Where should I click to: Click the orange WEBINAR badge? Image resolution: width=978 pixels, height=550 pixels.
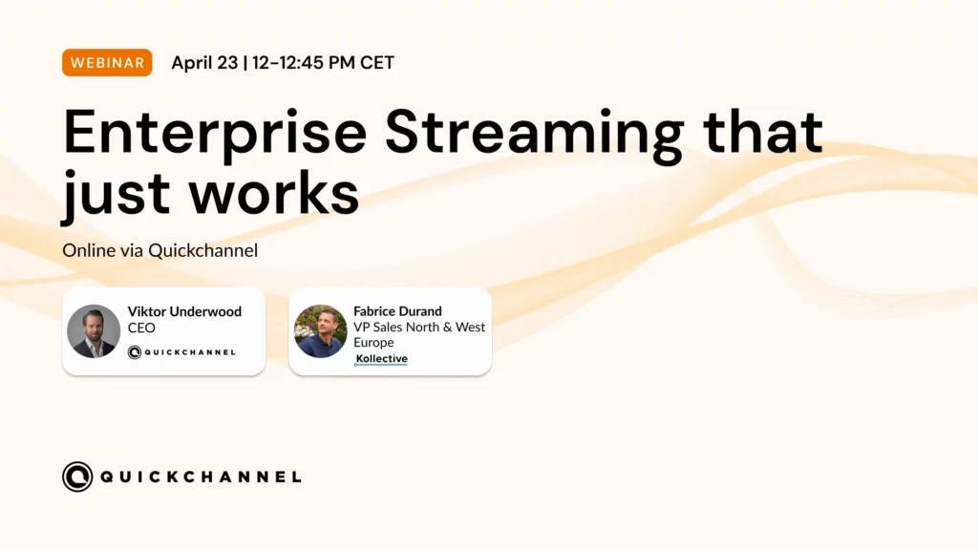click(x=107, y=62)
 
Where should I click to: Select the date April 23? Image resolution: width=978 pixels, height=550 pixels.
click(x=204, y=62)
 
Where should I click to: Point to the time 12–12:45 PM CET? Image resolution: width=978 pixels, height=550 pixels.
click(x=323, y=62)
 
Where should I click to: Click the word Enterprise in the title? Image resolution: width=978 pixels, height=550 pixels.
click(x=215, y=134)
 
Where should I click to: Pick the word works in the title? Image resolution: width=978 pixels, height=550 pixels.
click(x=274, y=192)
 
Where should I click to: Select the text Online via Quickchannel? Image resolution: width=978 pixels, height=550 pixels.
click(x=160, y=251)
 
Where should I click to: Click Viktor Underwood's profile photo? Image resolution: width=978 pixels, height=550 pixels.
click(x=94, y=331)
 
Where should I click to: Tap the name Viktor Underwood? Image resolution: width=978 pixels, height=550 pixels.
click(x=184, y=311)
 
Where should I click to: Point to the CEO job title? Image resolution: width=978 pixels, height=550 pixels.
click(x=141, y=328)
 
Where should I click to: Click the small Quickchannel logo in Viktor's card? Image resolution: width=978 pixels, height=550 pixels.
click(x=181, y=352)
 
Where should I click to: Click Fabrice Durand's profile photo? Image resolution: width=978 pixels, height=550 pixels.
click(x=321, y=331)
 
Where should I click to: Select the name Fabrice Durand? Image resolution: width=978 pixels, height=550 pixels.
click(x=398, y=311)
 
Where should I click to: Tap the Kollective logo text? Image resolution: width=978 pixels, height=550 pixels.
click(x=382, y=359)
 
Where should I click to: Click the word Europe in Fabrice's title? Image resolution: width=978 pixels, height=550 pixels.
click(x=373, y=343)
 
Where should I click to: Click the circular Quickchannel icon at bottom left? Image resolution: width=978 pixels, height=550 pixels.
click(x=77, y=477)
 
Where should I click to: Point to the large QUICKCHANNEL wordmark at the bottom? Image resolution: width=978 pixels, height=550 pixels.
click(x=201, y=477)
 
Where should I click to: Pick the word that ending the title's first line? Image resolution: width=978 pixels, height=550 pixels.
click(x=763, y=131)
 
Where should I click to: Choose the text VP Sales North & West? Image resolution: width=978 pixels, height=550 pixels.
click(x=419, y=327)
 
